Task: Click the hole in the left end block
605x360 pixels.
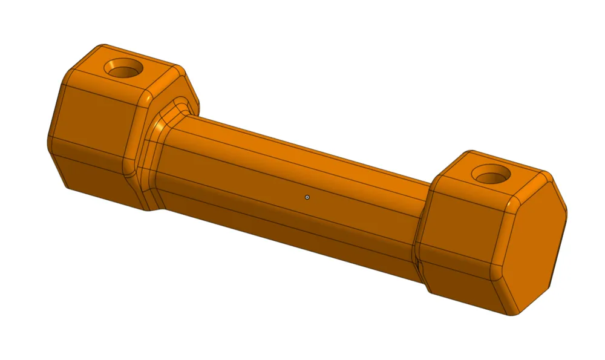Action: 124,68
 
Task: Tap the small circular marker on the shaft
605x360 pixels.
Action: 307,197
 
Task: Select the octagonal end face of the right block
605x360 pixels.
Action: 538,242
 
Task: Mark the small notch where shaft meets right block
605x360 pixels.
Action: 416,260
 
